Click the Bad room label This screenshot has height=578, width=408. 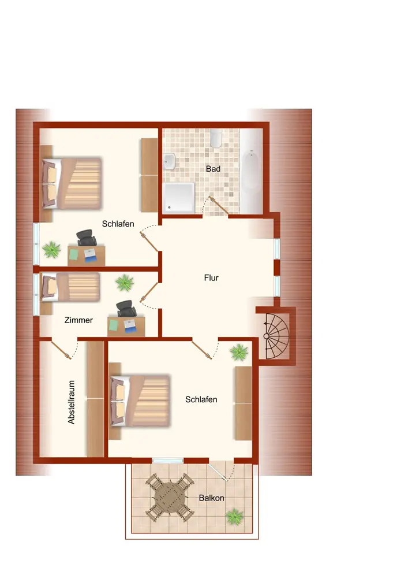click(213, 169)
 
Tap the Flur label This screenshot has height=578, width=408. click(211, 277)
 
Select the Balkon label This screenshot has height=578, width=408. click(212, 498)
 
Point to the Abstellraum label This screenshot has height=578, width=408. click(72, 402)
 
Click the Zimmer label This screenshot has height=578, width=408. click(78, 320)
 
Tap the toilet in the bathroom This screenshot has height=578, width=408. click(216, 138)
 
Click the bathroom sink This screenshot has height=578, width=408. click(170, 161)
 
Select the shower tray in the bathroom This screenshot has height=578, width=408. click(179, 198)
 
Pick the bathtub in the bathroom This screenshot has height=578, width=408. click(251, 169)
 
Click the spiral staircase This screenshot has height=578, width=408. click(275, 336)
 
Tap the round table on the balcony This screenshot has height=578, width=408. click(170, 498)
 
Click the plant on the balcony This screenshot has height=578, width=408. click(234, 516)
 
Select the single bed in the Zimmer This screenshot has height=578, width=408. click(70, 287)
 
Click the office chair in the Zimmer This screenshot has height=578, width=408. click(126, 309)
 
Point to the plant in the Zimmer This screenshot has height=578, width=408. click(124, 283)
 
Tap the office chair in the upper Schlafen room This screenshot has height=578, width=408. click(86, 238)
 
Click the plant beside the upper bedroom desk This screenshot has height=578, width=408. click(51, 250)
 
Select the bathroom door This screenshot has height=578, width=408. click(218, 205)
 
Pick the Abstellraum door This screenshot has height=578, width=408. click(61, 350)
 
